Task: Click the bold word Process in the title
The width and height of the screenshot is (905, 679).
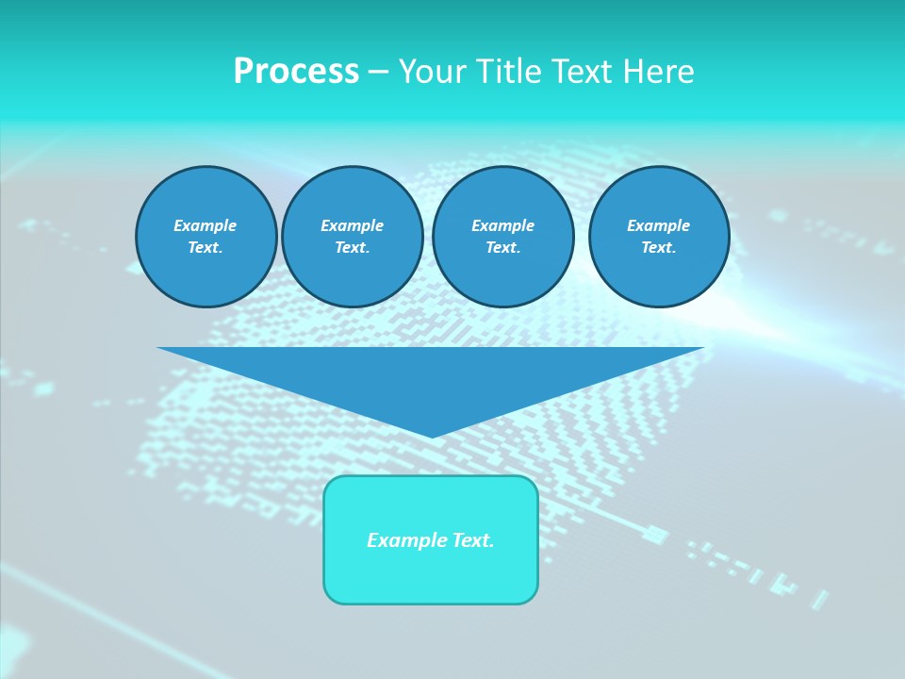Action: pyautogui.click(x=296, y=72)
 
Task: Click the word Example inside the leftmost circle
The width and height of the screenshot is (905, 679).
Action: pyautogui.click(x=206, y=225)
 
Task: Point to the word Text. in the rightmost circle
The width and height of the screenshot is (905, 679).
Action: pyautogui.click(x=659, y=247)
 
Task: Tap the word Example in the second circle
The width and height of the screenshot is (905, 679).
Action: pyautogui.click(x=352, y=225)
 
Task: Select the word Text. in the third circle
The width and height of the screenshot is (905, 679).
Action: pyautogui.click(x=502, y=247)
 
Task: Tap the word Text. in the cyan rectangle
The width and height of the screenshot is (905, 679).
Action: pyautogui.click(x=472, y=540)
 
